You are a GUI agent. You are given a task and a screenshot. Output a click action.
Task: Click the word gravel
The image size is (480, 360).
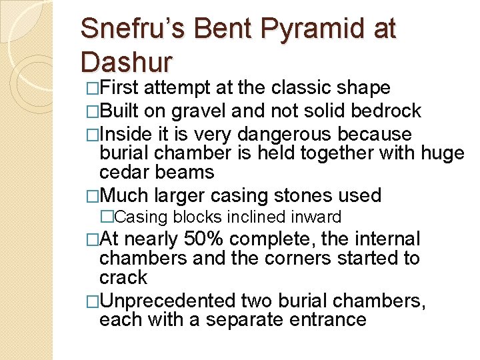195,110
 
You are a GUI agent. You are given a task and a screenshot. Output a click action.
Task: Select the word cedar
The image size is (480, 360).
124,172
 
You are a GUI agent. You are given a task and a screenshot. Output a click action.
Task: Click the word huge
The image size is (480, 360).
443,153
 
